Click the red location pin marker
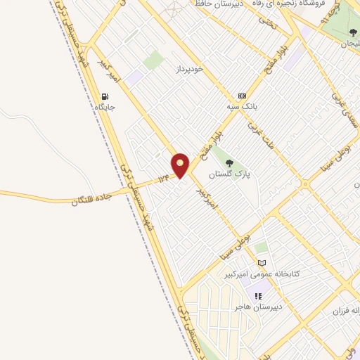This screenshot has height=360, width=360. click(181, 165)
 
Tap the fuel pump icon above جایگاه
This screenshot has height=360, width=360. click(105, 97)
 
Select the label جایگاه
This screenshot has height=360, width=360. click(105, 108)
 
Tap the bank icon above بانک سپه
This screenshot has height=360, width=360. click(242, 96)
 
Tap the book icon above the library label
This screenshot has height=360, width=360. click(262, 263)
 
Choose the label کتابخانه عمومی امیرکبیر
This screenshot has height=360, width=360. click(262, 274)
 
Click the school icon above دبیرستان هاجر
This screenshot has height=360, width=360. click(258, 296)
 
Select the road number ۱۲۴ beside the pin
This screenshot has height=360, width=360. click(164, 179)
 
